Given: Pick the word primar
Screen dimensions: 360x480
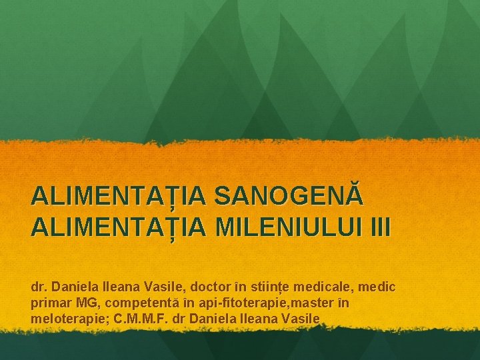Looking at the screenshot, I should pos(49,303).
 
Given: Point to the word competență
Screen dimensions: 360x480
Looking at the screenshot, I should pos(136,303).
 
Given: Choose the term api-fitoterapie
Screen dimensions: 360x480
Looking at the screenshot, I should pos(224,303).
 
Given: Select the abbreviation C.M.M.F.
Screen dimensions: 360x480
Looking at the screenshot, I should pos(137,319).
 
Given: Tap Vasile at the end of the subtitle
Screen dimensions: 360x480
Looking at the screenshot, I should pos(303,319).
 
